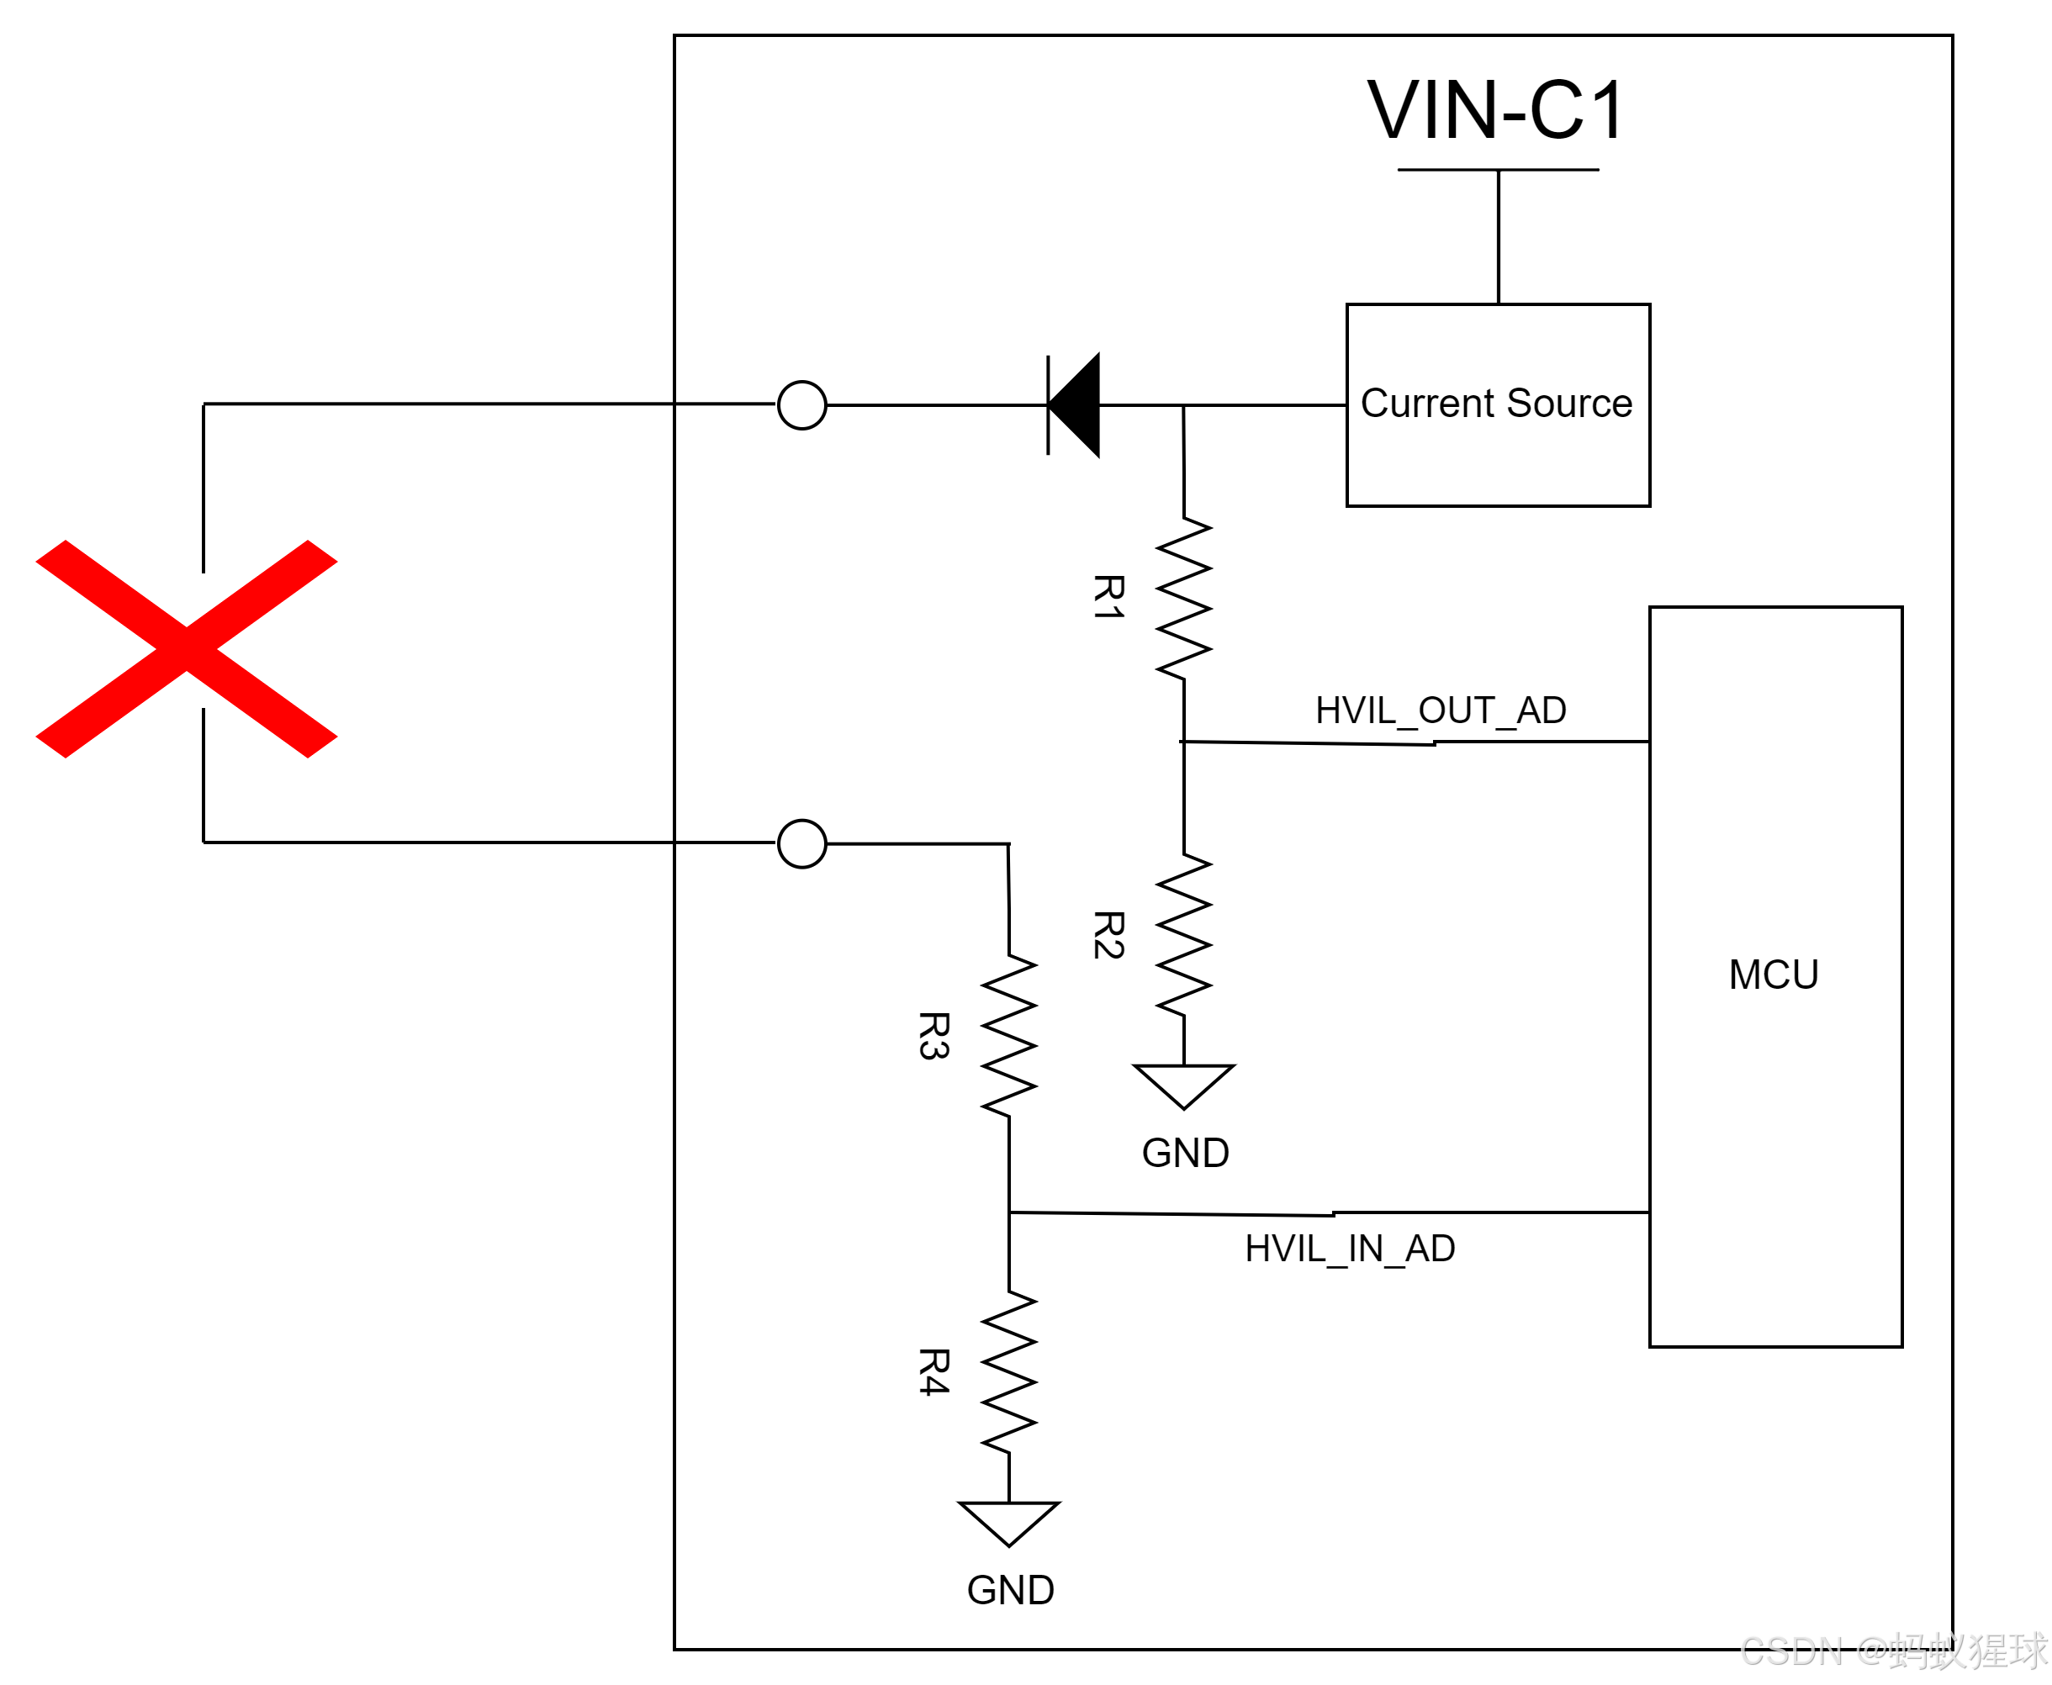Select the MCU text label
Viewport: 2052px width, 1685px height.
[x=1774, y=975]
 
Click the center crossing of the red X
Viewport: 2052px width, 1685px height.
[x=187, y=649]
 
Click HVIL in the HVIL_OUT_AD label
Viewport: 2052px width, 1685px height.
[x=1355, y=710]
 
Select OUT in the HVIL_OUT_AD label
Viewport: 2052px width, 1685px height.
[x=1456, y=710]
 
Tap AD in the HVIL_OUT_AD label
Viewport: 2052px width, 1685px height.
[x=1541, y=710]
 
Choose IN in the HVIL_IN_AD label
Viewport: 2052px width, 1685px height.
[x=1365, y=1249]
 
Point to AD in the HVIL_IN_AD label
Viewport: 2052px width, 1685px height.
[x=1430, y=1249]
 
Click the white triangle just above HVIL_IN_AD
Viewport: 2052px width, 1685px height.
[x=1183, y=1082]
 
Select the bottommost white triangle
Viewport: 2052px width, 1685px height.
[x=1008, y=1519]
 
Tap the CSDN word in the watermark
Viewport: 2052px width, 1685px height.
[x=1790, y=1650]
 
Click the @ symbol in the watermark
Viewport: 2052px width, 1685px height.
[x=1870, y=1650]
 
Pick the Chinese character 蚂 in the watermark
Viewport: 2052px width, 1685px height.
[x=1909, y=1650]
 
